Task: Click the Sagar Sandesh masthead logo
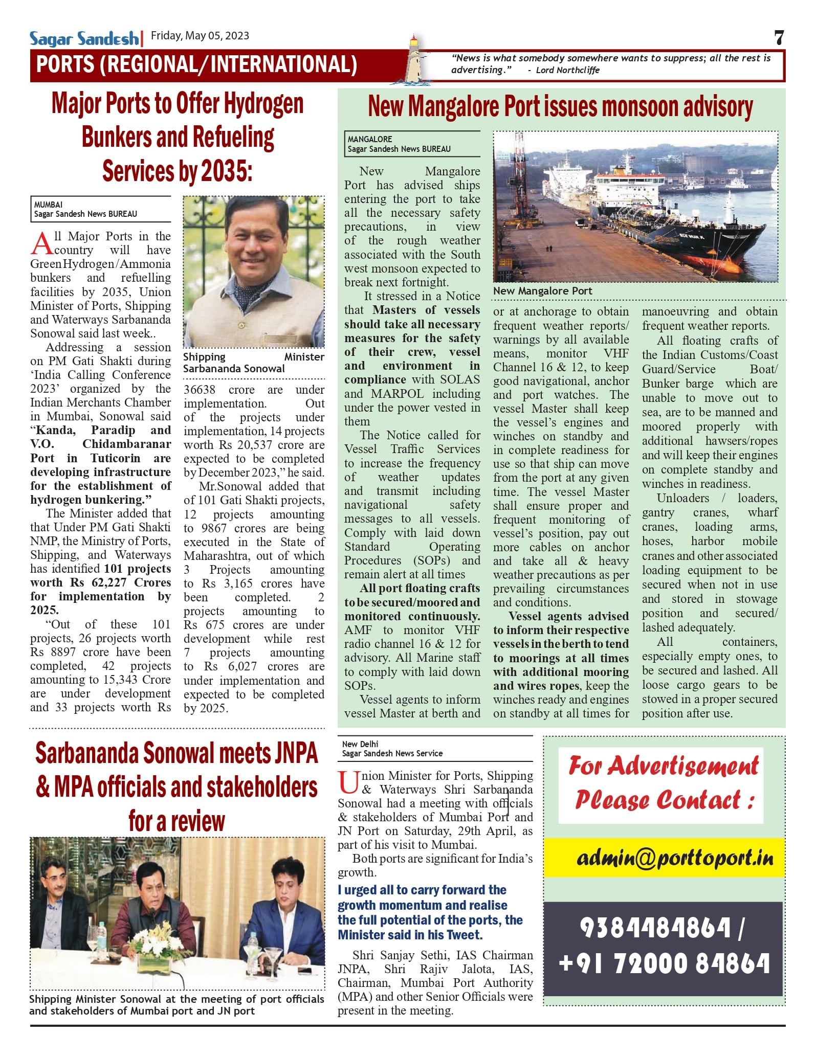pyautogui.click(x=84, y=38)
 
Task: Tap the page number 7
pyautogui.click(x=779, y=38)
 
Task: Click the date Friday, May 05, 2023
pyautogui.click(x=200, y=36)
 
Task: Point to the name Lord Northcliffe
pyautogui.click(x=567, y=71)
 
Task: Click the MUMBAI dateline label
pyautogui.click(x=49, y=205)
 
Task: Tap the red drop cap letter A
pyautogui.click(x=41, y=243)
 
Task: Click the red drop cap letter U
pyautogui.click(x=348, y=783)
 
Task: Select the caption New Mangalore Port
pyautogui.click(x=542, y=291)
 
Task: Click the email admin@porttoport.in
pyautogui.click(x=675, y=858)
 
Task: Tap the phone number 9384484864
pyautogui.click(x=655, y=928)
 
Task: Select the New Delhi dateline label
pyautogui.click(x=360, y=744)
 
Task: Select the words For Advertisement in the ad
pyautogui.click(x=664, y=766)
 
